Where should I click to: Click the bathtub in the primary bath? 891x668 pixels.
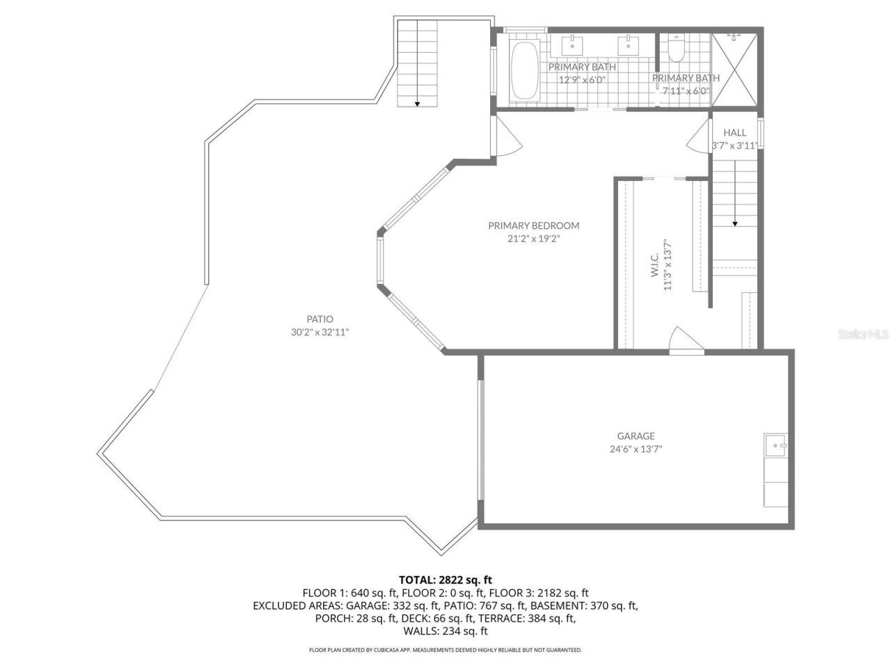tap(524, 72)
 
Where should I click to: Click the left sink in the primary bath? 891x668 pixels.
tap(573, 45)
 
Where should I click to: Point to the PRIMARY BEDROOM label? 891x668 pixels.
tap(533, 225)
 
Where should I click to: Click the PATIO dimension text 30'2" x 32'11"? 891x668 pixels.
tap(320, 332)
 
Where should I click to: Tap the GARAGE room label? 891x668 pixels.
tap(636, 436)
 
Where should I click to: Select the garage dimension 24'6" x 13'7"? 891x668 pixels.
tap(636, 449)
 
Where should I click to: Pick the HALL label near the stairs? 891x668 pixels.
tap(734, 132)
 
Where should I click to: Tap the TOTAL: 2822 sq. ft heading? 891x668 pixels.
tap(445, 579)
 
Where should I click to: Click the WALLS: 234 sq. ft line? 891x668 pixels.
tap(445, 631)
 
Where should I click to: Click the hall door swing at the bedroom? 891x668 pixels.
tap(698, 140)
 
